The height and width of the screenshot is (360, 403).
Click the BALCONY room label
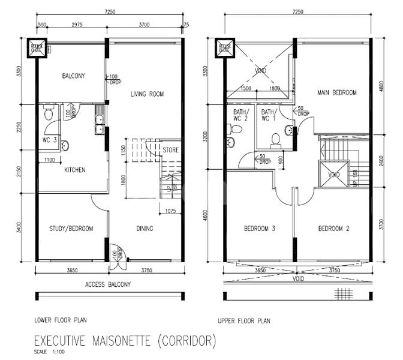click(74, 76)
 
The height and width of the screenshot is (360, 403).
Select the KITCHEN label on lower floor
click(75, 170)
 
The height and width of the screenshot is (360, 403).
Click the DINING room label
click(145, 228)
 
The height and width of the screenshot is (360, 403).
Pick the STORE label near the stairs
click(170, 150)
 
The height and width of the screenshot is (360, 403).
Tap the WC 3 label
click(49, 140)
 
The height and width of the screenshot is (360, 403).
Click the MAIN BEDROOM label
click(337, 93)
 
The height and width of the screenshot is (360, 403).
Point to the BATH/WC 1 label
click(267, 115)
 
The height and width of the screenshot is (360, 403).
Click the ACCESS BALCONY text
click(108, 284)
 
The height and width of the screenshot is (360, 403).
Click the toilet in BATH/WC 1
click(276, 139)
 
